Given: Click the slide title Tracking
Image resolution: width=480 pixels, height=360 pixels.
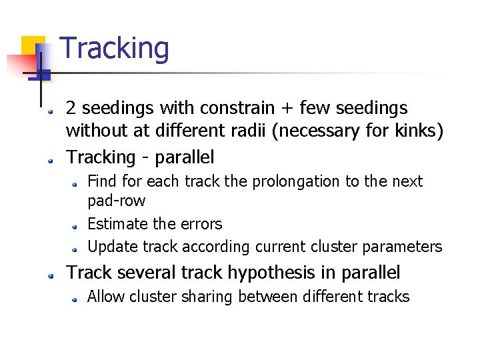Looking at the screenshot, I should tap(115, 49).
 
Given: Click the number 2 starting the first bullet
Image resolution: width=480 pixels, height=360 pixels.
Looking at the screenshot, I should tap(71, 108).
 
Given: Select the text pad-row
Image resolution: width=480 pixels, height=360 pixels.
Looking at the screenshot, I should tap(117, 201).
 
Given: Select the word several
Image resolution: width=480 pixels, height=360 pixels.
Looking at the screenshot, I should tap(144, 273).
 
